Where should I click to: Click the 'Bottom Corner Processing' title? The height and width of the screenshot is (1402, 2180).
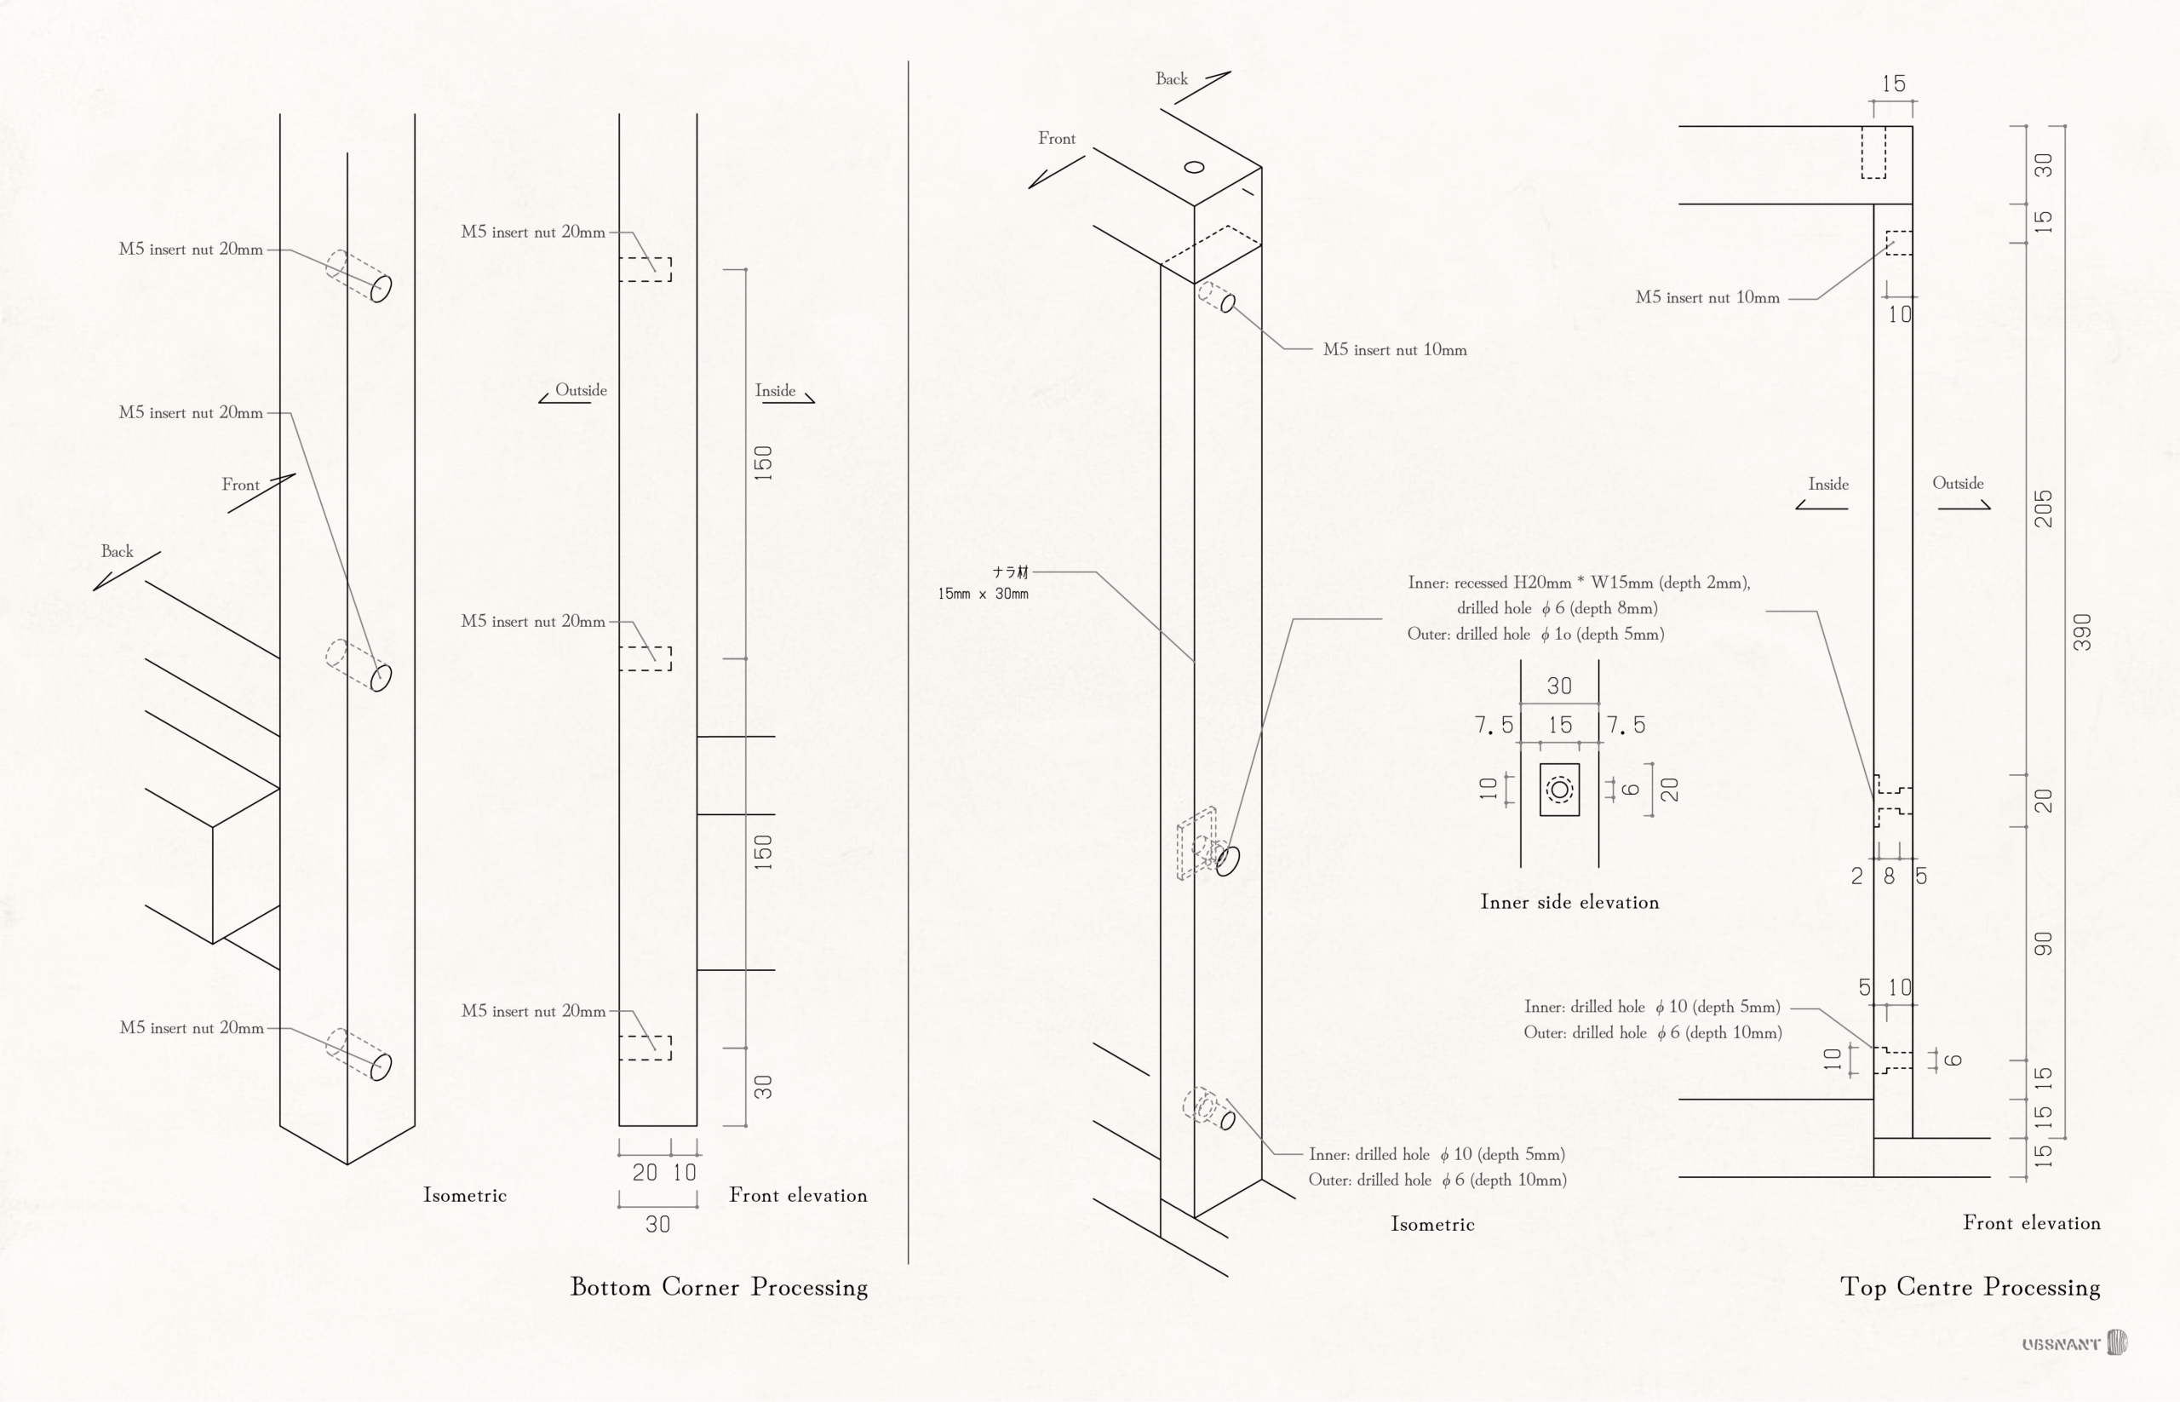click(x=718, y=1286)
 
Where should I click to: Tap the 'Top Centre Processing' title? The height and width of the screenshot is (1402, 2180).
click(x=1970, y=1286)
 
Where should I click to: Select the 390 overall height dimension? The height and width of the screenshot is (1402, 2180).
click(x=2082, y=632)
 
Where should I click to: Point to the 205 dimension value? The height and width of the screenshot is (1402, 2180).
click(x=2044, y=508)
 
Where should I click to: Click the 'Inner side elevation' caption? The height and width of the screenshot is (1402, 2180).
click(x=1569, y=902)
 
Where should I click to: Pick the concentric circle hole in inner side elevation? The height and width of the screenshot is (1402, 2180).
click(x=1559, y=790)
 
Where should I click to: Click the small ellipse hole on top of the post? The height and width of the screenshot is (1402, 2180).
click(x=1194, y=167)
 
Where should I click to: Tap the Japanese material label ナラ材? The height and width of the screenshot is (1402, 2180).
click(x=1010, y=572)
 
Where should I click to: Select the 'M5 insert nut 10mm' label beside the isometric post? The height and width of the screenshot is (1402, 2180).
click(x=1395, y=349)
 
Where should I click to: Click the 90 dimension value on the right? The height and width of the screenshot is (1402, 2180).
click(x=2044, y=944)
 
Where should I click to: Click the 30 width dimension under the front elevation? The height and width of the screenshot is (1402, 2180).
click(x=658, y=1225)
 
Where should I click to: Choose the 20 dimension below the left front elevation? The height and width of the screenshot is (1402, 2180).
click(x=645, y=1173)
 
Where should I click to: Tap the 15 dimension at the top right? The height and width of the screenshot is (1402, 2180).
click(x=1893, y=83)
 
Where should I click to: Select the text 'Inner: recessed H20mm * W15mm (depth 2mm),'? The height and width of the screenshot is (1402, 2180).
click(x=1578, y=583)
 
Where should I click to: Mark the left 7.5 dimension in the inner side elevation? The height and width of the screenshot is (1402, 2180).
click(x=1494, y=725)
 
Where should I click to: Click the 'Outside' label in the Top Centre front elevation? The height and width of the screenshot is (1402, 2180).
click(x=1958, y=484)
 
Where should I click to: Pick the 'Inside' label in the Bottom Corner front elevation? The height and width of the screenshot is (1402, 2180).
click(x=776, y=391)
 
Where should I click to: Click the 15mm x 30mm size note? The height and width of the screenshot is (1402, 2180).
click(x=983, y=594)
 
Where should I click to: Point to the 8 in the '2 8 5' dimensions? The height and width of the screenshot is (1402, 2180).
click(x=1889, y=876)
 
